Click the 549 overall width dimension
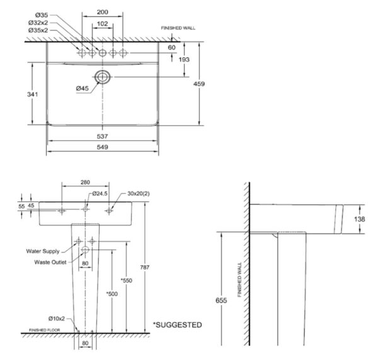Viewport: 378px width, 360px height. pos(103,147)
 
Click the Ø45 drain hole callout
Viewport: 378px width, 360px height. pos(82,89)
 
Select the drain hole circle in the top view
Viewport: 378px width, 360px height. pos(103,77)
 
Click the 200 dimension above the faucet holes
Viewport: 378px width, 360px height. pos(103,12)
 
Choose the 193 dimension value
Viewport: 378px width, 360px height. pos(185,59)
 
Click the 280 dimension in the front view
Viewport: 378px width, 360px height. pos(85,183)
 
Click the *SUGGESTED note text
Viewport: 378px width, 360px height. pos(178,325)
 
